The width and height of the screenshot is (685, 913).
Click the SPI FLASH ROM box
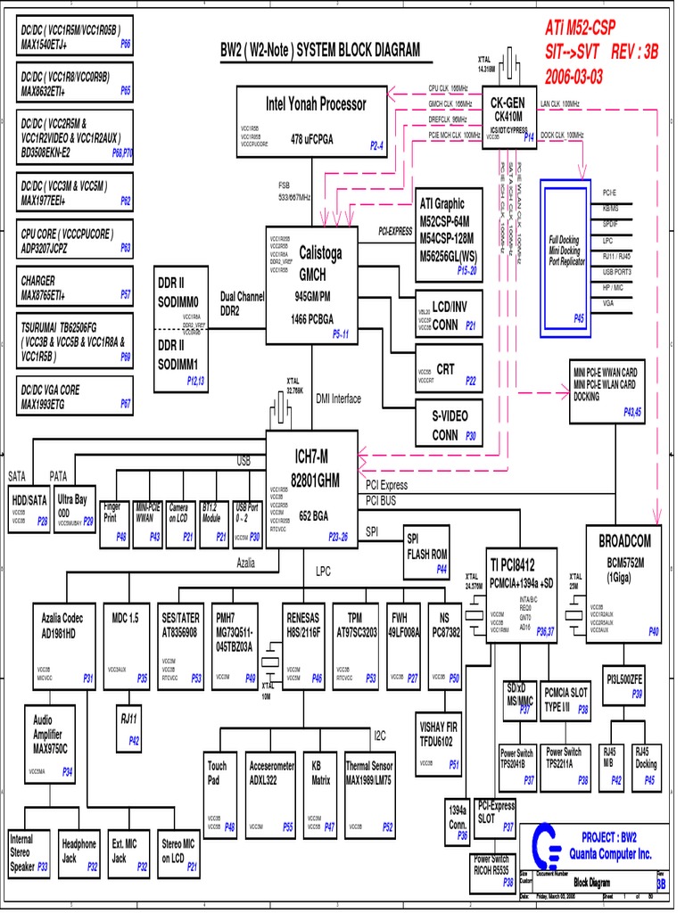pos(426,547)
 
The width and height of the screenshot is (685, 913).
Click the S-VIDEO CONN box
pos(450,424)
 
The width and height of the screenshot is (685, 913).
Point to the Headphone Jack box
pos(79,852)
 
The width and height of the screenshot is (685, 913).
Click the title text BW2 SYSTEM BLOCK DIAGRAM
pos(320,51)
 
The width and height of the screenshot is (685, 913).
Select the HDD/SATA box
pos(29,507)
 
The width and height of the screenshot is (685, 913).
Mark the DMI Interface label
pos(339,399)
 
